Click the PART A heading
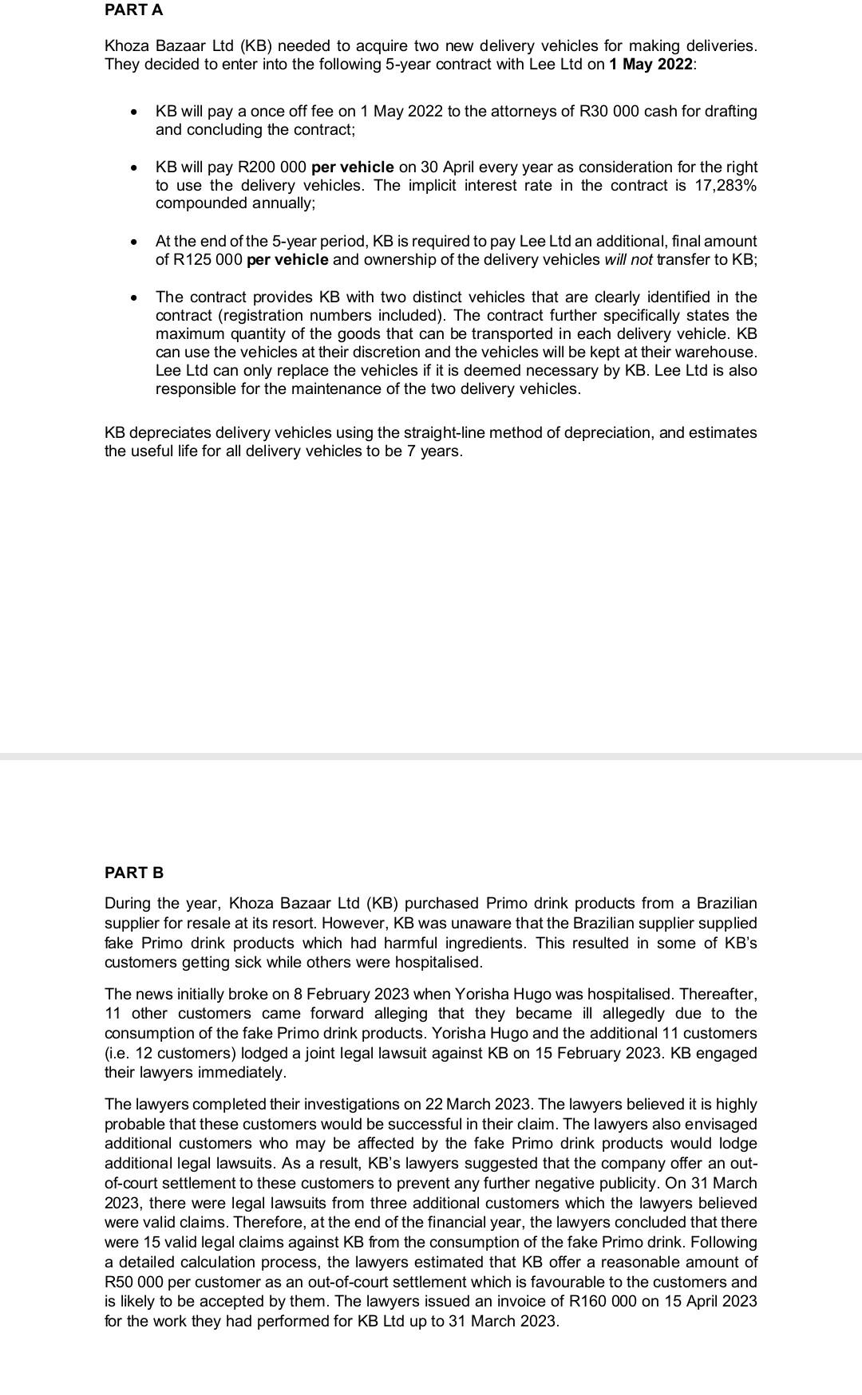[134, 10]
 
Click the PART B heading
[134, 873]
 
